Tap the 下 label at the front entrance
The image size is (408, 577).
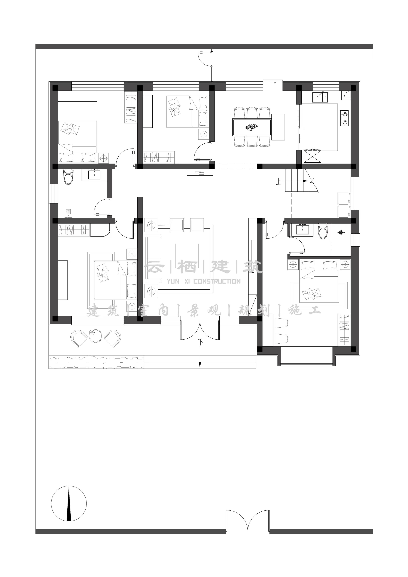pyautogui.click(x=200, y=342)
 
